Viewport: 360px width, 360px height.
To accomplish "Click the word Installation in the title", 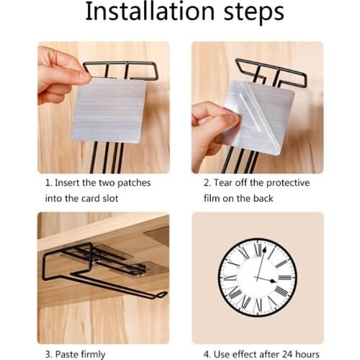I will pyautogui.click(x=145, y=13).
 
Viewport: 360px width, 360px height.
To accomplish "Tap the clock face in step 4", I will pyautogui.click(x=257, y=277).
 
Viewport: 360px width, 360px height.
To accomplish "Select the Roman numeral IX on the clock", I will pyautogui.click(x=229, y=277).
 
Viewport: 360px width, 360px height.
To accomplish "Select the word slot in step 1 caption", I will pyautogui.click(x=109, y=198).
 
